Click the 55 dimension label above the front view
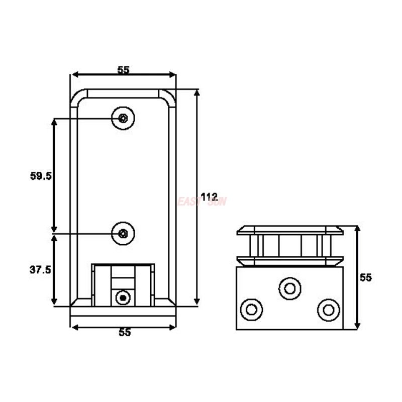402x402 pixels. coord(124,70)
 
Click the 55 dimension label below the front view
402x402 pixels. coord(124,332)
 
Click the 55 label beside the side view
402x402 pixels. coord(365,277)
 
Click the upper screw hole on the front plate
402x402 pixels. coord(123,118)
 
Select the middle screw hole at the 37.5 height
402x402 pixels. coord(123,233)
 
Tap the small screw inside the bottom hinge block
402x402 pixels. coord(122,298)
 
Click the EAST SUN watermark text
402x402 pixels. coord(202,202)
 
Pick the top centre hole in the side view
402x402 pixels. coord(289,288)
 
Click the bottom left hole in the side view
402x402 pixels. coord(251,309)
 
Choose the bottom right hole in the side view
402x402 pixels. coord(329,309)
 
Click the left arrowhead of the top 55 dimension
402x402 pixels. coord(73,75)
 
